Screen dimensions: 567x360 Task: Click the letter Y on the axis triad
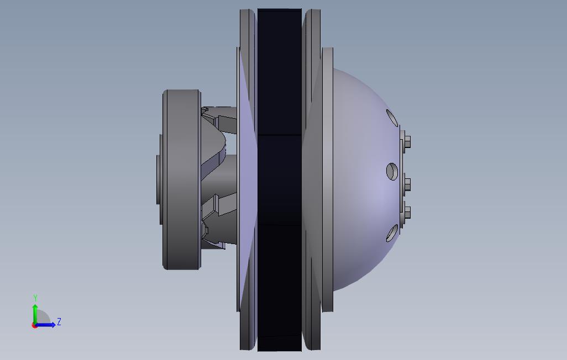(x=35, y=298)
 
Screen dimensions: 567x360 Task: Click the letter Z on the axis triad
(x=59, y=321)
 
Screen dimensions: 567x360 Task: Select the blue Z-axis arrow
(x=45, y=325)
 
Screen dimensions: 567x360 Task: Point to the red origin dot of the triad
(x=34, y=325)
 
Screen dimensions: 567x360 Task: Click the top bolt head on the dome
(x=407, y=142)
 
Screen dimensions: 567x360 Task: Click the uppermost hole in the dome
(x=392, y=118)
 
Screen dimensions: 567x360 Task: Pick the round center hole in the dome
(x=392, y=171)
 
